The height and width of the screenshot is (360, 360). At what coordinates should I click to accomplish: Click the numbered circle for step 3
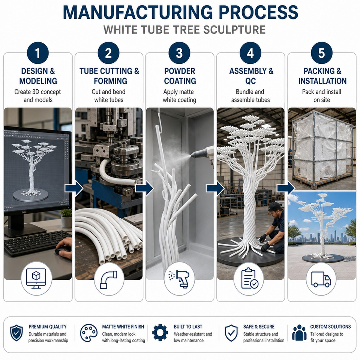tap(179, 53)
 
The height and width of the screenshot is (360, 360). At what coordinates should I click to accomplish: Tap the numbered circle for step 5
tap(322, 53)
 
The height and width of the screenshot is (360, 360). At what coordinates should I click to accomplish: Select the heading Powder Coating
tap(180, 76)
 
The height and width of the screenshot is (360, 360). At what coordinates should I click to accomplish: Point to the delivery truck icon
tap(321, 279)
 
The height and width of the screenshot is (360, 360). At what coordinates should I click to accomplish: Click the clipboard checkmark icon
tap(250, 278)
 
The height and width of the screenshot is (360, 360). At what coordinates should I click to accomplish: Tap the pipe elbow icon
tap(109, 280)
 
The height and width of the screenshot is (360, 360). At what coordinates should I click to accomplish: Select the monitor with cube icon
tap(36, 279)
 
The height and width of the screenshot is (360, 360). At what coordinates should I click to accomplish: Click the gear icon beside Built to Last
tap(160, 333)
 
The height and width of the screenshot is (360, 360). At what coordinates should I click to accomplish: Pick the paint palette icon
tap(88, 333)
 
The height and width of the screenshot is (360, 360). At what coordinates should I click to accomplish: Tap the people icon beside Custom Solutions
tap(299, 333)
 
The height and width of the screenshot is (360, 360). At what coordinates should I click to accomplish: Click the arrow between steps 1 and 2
tap(74, 188)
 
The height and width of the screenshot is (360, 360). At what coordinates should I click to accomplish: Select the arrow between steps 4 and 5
tap(286, 188)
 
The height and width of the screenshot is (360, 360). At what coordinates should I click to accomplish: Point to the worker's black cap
tap(274, 207)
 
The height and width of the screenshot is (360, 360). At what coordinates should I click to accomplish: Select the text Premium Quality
tap(48, 327)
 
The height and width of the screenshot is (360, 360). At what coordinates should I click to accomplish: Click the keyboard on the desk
tap(37, 243)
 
